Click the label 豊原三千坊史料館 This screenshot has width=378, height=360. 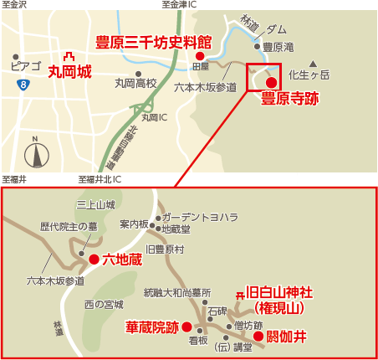pyautogui.click(x=153, y=41)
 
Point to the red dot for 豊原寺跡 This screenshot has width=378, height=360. pyautogui.click(x=271, y=82)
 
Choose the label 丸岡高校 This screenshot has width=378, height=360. pyautogui.click(x=135, y=84)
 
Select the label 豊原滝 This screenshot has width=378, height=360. pyautogui.click(x=278, y=47)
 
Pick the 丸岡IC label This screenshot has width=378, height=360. pyautogui.click(x=155, y=117)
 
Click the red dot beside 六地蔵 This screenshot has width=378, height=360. pyautogui.click(x=94, y=260)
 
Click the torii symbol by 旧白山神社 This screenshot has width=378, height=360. pyautogui.click(x=240, y=295)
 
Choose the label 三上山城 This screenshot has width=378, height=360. pyautogui.click(x=94, y=204)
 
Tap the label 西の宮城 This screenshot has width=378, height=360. pyautogui.click(x=104, y=304)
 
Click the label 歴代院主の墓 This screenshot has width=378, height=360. pyautogui.click(x=74, y=227)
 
